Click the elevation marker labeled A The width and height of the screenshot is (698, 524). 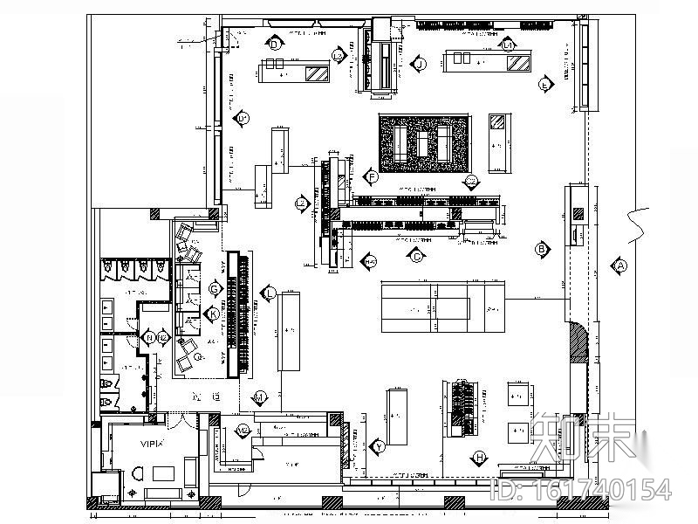click(x=620, y=265)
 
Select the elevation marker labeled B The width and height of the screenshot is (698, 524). click(x=541, y=249)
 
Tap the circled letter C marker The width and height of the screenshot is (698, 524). click(x=416, y=256)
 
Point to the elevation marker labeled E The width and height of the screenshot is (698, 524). click(x=545, y=84)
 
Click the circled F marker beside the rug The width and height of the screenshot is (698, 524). click(x=372, y=177)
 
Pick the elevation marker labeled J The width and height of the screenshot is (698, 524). click(x=420, y=64)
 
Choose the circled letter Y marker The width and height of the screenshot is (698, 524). click(x=379, y=445)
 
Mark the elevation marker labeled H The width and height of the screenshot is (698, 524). click(x=479, y=457)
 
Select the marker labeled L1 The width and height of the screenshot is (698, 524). click(x=508, y=44)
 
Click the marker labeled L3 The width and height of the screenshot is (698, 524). click(x=338, y=56)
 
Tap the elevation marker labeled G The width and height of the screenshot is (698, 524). click(x=214, y=288)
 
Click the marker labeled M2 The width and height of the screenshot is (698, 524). click(x=243, y=431)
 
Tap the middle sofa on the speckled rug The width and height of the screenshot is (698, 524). click(x=424, y=141)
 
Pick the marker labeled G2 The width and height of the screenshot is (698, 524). click(x=471, y=182)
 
